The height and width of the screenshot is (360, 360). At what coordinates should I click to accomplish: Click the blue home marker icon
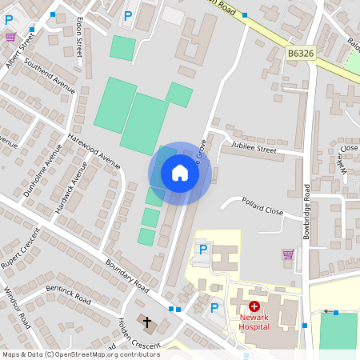click(x=180, y=173)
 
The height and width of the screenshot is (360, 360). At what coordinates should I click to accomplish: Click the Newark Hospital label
click(x=254, y=321)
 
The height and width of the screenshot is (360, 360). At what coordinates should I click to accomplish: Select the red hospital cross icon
click(x=254, y=306)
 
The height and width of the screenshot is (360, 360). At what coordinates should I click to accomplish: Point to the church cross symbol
click(x=146, y=322)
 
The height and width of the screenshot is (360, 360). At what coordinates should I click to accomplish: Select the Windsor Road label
click(x=18, y=307)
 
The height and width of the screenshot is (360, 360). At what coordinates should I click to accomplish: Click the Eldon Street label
click(x=78, y=38)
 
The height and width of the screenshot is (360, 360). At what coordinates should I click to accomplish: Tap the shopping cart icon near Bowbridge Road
click(x=288, y=254)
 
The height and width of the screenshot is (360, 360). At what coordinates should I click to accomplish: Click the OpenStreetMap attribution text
click(x=80, y=354)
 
